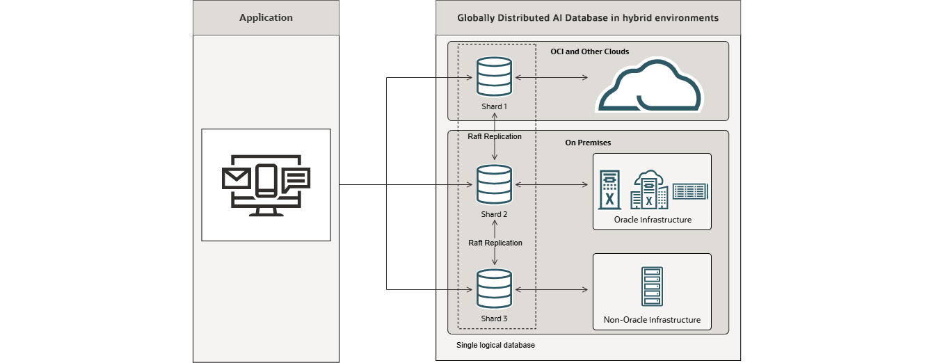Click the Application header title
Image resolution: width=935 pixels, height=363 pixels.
tap(266, 17)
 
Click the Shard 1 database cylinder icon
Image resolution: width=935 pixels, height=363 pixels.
tap(494, 76)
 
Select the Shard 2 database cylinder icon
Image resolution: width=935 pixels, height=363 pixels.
tap(494, 184)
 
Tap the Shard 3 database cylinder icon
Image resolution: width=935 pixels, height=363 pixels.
tap(494, 289)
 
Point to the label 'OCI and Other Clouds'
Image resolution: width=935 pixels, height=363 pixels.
tap(589, 51)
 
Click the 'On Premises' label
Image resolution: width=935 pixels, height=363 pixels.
tap(588, 143)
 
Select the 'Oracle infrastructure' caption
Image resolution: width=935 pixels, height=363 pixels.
tap(652, 220)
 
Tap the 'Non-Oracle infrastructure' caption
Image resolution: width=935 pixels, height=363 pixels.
tap(652, 320)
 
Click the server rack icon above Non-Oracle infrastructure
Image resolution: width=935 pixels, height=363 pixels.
tap(652, 287)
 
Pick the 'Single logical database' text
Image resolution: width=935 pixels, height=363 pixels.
tap(495, 345)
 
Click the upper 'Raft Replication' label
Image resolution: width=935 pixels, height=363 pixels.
tap(495, 136)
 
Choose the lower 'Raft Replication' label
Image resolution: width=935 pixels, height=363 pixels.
tap(495, 243)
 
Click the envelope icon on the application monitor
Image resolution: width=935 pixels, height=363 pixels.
tap(236, 179)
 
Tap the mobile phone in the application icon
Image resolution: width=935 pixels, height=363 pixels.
tap(266, 180)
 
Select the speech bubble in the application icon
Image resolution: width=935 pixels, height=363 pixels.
tap(296, 179)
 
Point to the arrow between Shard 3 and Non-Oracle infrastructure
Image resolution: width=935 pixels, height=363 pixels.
tap(552, 289)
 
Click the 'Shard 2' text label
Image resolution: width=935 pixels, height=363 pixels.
tap(494, 214)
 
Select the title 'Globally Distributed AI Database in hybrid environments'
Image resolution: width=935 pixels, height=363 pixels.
tap(588, 17)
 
